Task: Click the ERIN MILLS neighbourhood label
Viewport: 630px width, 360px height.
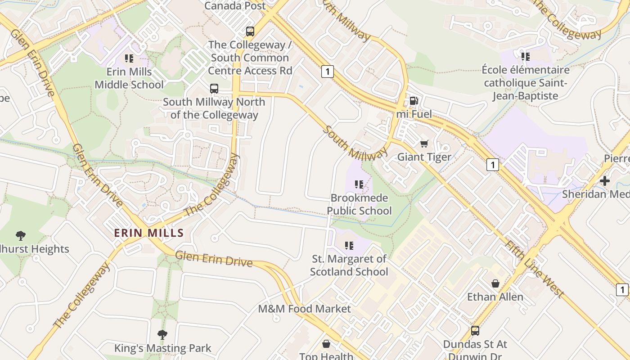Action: click(x=149, y=233)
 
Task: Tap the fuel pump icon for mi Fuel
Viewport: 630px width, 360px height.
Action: click(x=414, y=101)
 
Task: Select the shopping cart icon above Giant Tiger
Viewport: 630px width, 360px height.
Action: click(x=424, y=144)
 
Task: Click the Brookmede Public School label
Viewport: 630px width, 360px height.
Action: click(x=359, y=204)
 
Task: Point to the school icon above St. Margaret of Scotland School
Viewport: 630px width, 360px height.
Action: click(x=349, y=245)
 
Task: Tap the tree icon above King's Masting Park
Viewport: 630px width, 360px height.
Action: click(x=162, y=334)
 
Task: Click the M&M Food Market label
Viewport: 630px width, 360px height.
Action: click(x=304, y=309)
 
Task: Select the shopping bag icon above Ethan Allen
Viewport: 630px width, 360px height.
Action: click(x=495, y=283)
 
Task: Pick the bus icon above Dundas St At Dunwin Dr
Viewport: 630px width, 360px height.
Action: click(x=475, y=331)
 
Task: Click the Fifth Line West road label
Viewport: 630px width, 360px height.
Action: click(x=534, y=269)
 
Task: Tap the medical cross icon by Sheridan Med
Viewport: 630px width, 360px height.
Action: click(x=605, y=181)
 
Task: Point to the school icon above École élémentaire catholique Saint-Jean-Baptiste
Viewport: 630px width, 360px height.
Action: click(x=525, y=57)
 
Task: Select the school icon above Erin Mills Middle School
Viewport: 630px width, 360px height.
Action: click(x=129, y=58)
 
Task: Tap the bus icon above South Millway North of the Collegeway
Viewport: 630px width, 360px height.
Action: click(x=214, y=89)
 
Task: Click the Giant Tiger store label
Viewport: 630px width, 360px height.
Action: click(x=424, y=157)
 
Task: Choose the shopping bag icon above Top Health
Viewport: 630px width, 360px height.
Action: click(x=326, y=344)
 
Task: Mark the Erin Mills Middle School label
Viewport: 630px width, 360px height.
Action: click(x=129, y=78)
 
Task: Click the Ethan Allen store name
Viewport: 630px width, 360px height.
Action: click(x=495, y=297)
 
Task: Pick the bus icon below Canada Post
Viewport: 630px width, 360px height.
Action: click(x=250, y=31)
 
